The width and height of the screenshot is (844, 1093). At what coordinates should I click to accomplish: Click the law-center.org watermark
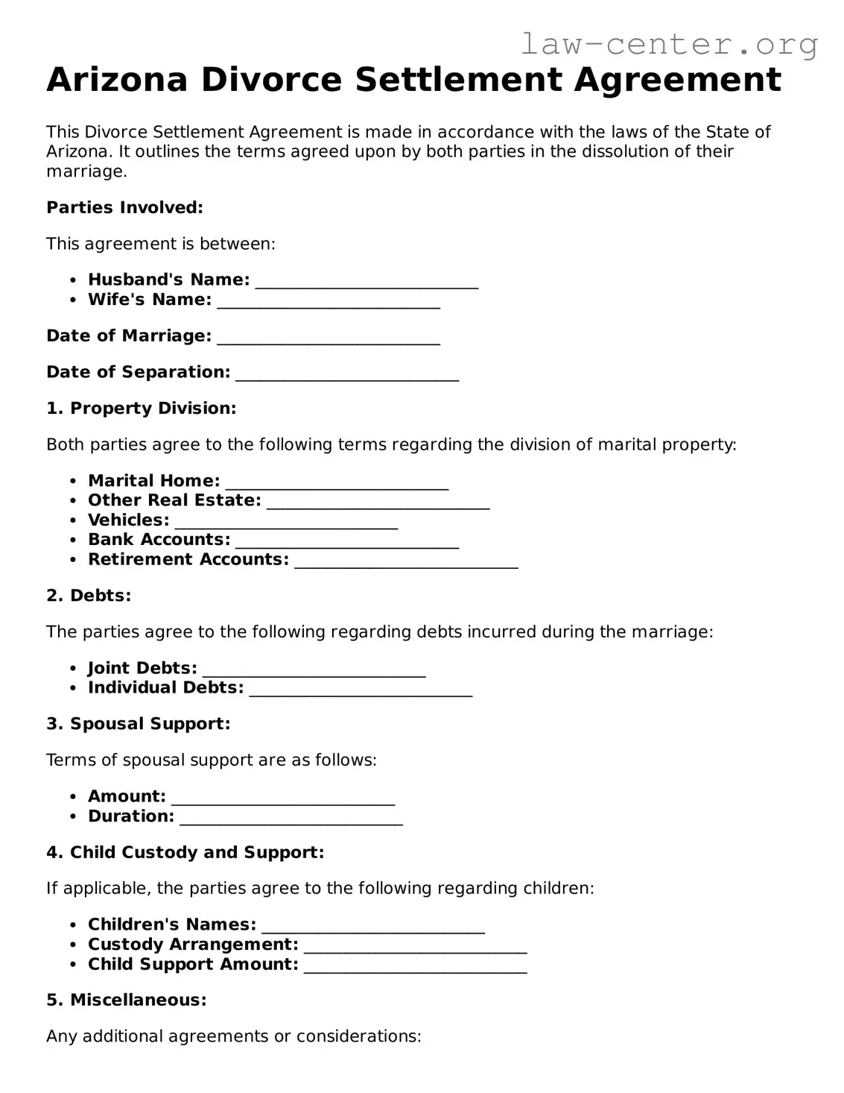click(668, 45)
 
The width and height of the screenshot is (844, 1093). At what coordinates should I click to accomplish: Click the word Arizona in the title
click(117, 80)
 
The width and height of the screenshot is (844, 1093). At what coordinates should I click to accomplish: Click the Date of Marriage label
click(129, 336)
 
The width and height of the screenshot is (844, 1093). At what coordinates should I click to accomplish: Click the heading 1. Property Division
click(141, 409)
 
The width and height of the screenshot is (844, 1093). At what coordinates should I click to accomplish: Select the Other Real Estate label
click(174, 500)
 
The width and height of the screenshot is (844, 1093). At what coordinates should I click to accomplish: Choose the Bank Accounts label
click(159, 540)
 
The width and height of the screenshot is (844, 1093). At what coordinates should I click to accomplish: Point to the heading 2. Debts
click(89, 596)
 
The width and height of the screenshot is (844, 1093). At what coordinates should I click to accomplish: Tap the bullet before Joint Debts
click(73, 669)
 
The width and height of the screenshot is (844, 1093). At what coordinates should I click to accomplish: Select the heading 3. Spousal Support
click(139, 724)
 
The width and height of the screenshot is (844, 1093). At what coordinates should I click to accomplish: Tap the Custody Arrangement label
click(193, 945)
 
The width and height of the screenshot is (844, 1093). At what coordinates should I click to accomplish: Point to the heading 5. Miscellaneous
click(126, 1001)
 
